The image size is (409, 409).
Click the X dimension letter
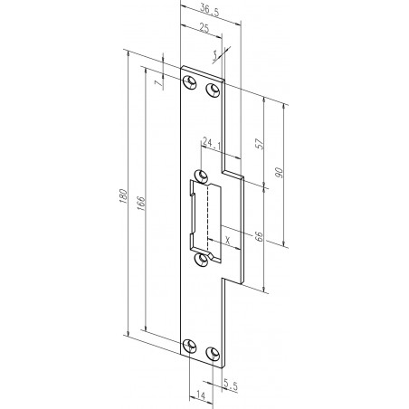[x=226, y=240]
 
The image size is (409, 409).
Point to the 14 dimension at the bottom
[x=198, y=395]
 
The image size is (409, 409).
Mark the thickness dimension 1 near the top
[x=215, y=55]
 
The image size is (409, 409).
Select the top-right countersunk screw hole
[x=214, y=90]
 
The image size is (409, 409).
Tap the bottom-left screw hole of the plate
[x=189, y=346]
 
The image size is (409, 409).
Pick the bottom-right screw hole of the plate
[x=214, y=353]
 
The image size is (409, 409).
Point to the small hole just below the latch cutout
[x=201, y=262]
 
